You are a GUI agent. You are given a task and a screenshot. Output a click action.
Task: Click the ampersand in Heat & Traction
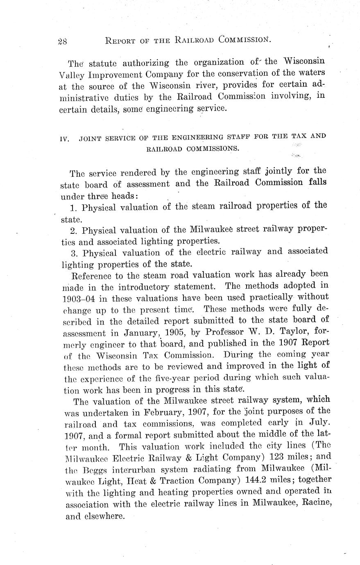(161, 480)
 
